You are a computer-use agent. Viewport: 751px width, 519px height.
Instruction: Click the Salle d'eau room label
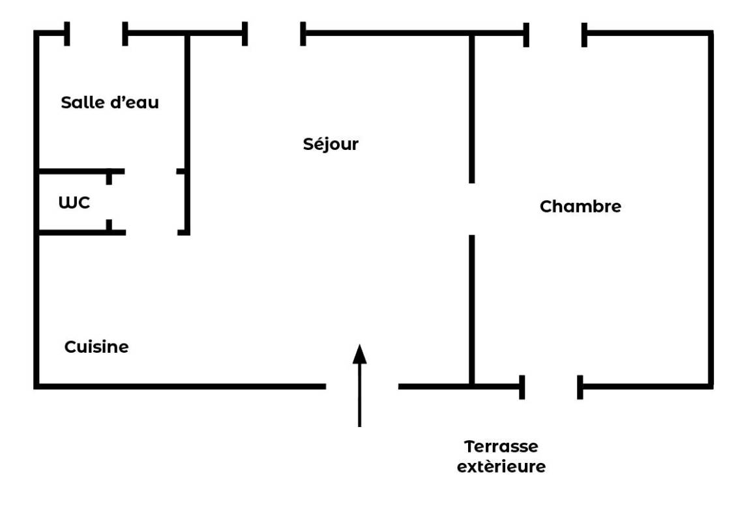(110, 102)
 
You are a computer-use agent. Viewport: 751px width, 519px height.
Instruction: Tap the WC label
(74, 203)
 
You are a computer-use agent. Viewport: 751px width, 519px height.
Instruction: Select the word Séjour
(331, 143)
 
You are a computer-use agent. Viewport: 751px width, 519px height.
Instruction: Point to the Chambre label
(580, 207)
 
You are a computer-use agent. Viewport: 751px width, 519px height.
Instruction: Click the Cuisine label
(96, 347)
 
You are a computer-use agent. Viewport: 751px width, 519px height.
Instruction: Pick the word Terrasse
(501, 447)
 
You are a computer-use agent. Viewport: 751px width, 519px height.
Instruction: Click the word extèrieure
(501, 467)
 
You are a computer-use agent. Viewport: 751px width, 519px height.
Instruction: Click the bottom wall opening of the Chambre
(551, 387)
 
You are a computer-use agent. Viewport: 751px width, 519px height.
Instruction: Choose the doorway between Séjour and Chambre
(471, 209)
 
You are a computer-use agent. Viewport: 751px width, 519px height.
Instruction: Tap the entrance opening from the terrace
(362, 387)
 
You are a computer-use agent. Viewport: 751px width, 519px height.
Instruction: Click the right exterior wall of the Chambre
(710, 209)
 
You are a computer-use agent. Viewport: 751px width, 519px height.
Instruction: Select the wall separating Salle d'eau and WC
(72, 171)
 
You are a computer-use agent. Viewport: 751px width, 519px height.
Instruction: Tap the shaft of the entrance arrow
(359, 398)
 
